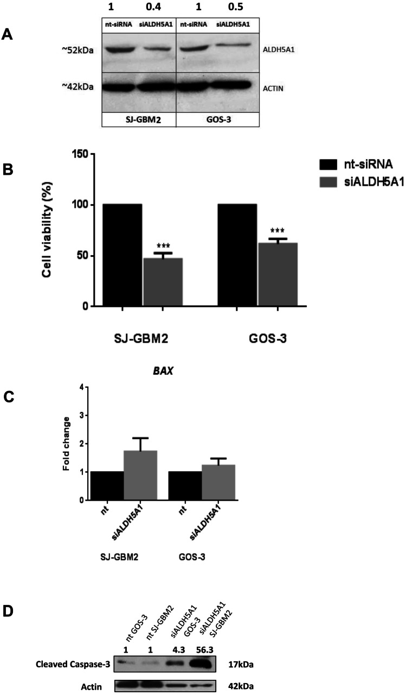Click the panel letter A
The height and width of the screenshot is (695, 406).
pyautogui.click(x=7, y=35)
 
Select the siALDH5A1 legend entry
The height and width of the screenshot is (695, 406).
pyautogui.click(x=359, y=182)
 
